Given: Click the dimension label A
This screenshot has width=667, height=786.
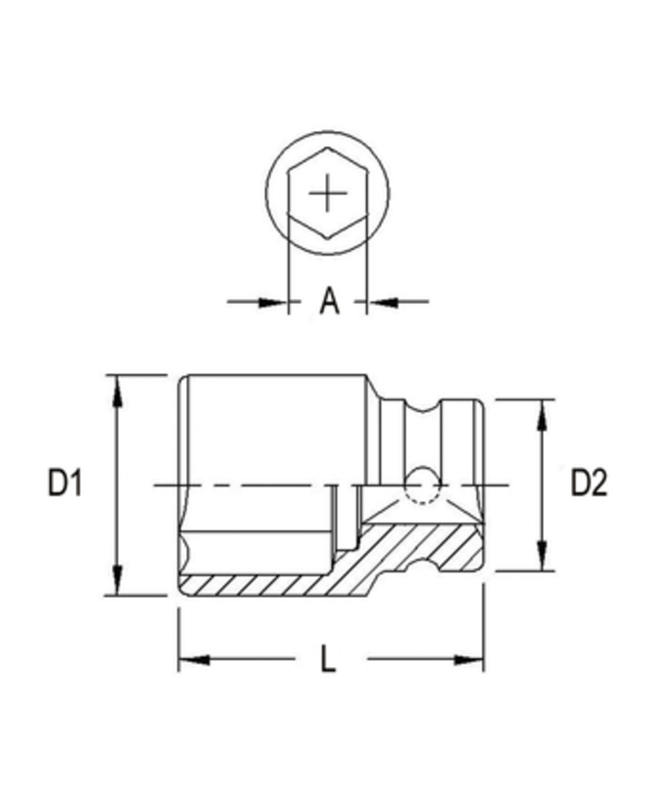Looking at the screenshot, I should pos(330,301).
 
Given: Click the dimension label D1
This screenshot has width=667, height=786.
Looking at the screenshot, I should pos(65,483).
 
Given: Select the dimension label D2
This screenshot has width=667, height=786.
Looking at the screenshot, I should pos(588,483).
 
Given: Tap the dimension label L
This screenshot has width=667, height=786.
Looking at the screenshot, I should pos(328,659).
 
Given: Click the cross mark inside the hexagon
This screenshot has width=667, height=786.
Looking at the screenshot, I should pos(327,194).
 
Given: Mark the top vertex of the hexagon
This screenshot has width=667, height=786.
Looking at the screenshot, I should pos(327,149).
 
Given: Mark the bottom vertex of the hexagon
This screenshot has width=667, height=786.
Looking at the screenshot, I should pos(327,240).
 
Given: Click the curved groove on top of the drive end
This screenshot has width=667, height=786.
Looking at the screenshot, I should pos(424,407).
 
